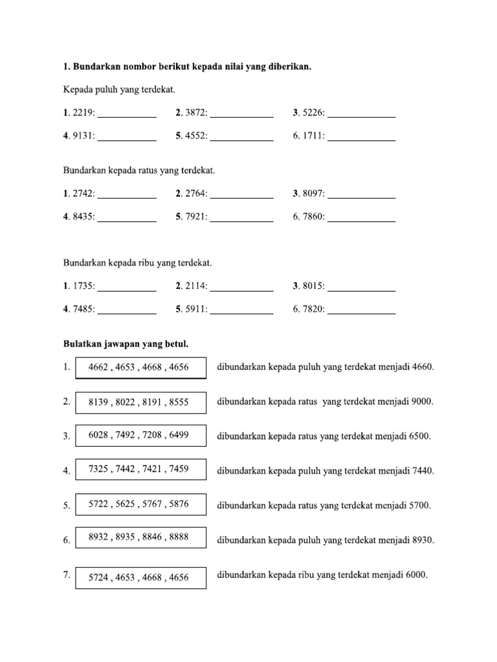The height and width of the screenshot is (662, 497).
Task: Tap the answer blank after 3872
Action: (x=241, y=116)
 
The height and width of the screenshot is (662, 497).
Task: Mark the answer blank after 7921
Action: (x=241, y=220)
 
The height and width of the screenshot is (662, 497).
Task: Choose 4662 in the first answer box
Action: (x=99, y=368)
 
